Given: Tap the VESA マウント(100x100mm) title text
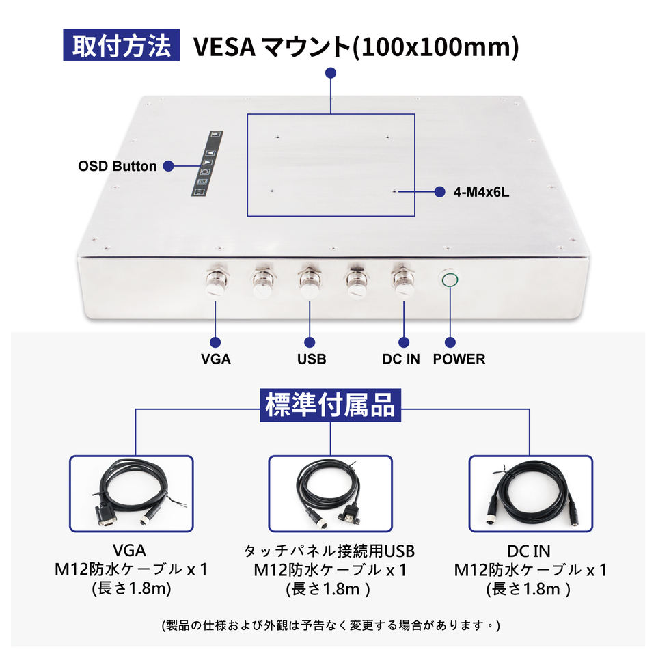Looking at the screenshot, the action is point(356,46).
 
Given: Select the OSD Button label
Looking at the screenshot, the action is point(117,166).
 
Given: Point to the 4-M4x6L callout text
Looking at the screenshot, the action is point(481,193).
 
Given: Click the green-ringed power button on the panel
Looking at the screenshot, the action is point(450,279).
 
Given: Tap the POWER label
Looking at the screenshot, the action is point(459,359).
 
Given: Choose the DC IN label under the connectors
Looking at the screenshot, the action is point(401,359).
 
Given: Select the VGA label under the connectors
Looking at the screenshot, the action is point(216,359).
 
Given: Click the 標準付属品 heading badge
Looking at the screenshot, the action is point(330,405).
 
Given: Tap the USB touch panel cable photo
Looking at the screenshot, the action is point(330,493).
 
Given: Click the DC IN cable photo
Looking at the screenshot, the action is point(530,493).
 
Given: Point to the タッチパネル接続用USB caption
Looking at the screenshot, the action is point(330,551).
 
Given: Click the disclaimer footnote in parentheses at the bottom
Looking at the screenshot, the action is point(330,625).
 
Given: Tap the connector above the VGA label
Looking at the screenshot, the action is point(217,281).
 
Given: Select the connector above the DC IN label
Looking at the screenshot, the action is point(402,281).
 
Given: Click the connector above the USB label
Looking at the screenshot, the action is point(310,281).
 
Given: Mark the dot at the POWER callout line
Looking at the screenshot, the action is point(450,342).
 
